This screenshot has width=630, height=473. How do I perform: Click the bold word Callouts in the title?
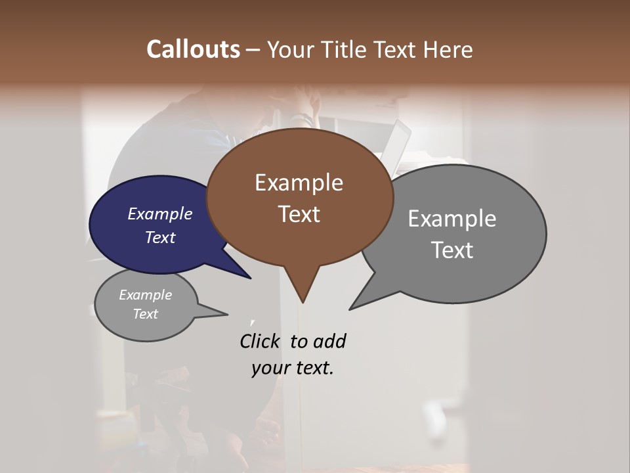(193, 49)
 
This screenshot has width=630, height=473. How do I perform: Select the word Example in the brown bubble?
(299, 183)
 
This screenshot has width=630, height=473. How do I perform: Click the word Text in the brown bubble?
(299, 214)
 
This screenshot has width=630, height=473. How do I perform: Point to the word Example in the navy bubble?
(160, 214)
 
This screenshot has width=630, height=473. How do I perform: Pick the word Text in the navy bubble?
(160, 237)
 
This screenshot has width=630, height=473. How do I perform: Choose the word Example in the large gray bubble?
(452, 219)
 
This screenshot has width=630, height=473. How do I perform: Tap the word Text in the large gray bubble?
(452, 250)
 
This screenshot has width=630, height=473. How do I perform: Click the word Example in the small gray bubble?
(145, 295)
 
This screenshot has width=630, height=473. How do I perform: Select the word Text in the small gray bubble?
(145, 314)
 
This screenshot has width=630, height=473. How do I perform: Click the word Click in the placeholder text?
(260, 341)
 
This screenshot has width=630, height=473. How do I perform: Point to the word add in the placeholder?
(329, 341)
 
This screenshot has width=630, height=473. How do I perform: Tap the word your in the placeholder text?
(270, 368)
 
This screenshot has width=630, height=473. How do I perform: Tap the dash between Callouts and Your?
(253, 49)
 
